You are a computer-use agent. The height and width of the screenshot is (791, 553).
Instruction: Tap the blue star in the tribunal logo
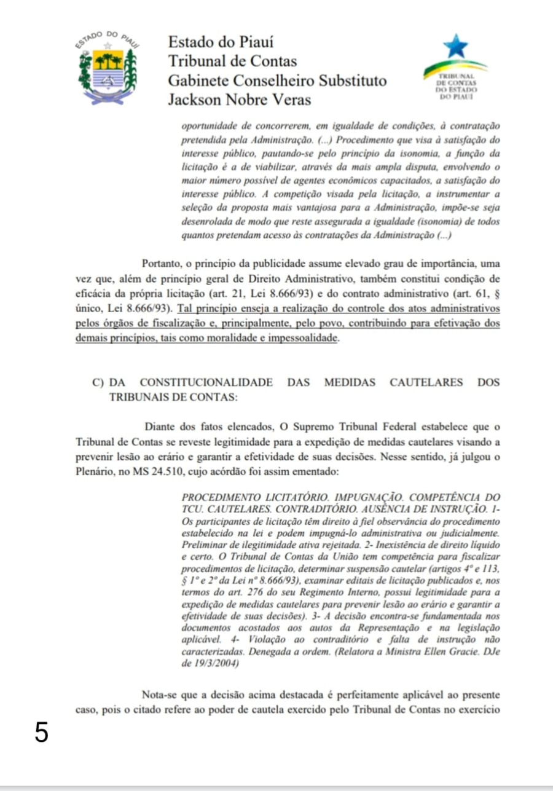coord(455,45)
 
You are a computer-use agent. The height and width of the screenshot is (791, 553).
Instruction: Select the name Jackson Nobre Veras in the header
coord(240,100)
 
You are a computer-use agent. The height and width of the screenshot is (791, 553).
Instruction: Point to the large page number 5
coord(41,733)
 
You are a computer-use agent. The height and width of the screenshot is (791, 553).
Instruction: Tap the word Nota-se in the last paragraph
coord(162,695)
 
